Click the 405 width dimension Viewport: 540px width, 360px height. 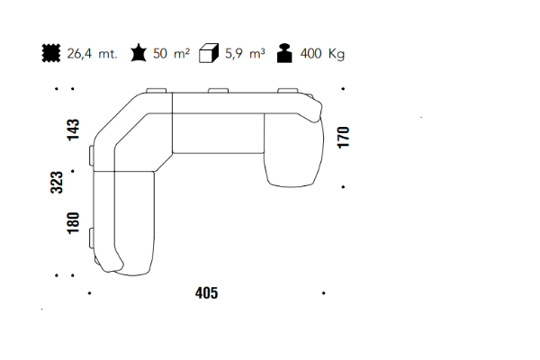[207, 293]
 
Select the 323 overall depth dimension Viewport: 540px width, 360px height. [57, 182]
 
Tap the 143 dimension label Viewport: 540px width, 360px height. [73, 130]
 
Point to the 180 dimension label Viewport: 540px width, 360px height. [73, 223]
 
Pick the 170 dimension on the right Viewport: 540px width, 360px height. [344, 138]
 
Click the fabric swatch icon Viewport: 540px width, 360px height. [51, 53]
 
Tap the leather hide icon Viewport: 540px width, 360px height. [139, 53]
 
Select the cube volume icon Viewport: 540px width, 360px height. [209, 53]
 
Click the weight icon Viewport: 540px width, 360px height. [284, 53]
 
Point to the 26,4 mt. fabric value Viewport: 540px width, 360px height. [93, 54]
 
